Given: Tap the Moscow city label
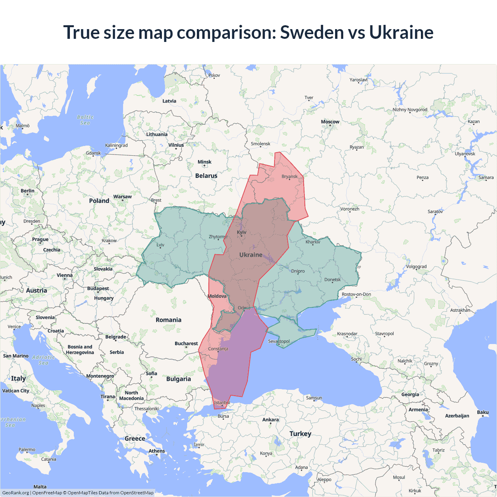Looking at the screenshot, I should [330, 122].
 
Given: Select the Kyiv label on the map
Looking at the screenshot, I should [242, 232].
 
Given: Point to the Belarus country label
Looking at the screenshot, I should [206, 176].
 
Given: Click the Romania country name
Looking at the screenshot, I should [168, 320].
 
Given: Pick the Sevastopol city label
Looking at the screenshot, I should [279, 341].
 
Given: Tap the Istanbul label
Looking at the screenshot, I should [222, 403].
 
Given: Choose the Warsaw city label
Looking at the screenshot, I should [122, 197].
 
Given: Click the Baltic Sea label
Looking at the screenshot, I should [85, 120].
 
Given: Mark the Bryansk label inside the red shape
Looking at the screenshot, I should [289, 177].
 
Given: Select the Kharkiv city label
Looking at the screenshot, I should [313, 242].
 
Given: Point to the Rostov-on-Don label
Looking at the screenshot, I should [356, 294].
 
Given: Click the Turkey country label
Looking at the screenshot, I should [300, 434].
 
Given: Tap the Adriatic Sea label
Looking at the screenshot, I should [43, 360].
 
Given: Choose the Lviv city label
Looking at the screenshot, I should [160, 245].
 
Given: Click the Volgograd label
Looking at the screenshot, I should [416, 267].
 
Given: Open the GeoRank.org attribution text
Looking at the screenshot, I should [16, 493].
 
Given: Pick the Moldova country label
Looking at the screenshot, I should [217, 296].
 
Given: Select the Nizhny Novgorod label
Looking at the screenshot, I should [410, 110].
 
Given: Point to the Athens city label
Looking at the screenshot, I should [156, 451].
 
